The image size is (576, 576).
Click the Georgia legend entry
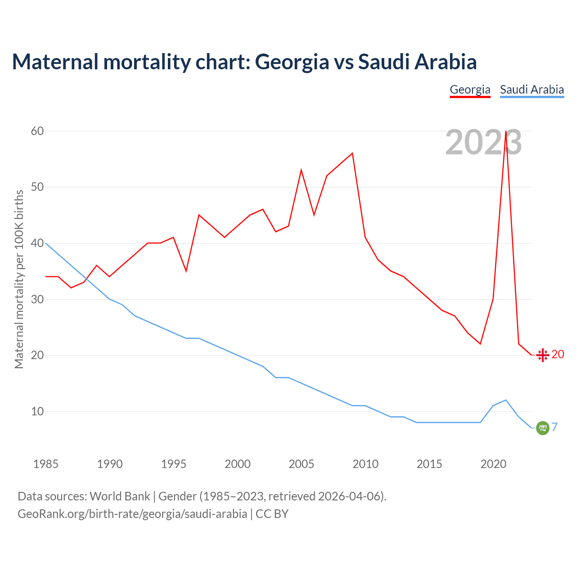coord(470,90)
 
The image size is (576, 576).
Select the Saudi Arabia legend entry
coord(532,90)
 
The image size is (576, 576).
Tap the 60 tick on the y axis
coord(37,131)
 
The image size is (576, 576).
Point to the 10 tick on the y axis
coord(37,411)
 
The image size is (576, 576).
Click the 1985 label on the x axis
coord(45,464)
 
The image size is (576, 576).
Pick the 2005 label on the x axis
coord(301,464)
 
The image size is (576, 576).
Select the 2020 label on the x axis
coord(493,464)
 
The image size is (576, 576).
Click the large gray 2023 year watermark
coord(483,143)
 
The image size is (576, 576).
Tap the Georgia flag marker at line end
coord(543,355)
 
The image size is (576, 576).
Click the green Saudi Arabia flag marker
coord(543,428)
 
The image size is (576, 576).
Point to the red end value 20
coord(558,355)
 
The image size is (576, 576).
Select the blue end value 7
coord(555,427)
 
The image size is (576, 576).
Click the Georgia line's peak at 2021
coord(506,131)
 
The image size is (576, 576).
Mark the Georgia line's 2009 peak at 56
coord(352,153)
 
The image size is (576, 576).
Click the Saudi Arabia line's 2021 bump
coord(506,400)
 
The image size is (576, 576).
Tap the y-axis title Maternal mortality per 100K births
coord(19,279)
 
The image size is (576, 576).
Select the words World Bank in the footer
coord(120,496)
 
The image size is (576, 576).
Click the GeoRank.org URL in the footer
coord(132,513)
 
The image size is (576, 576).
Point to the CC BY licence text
coord(272,513)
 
